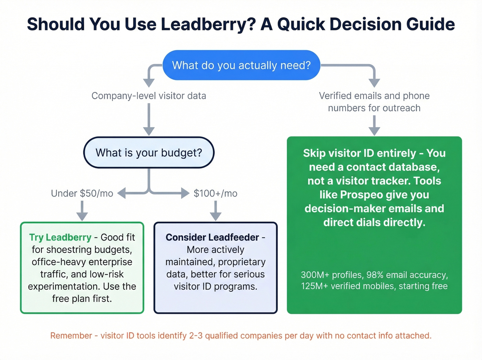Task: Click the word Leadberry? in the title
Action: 208,24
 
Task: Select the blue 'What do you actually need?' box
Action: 241,65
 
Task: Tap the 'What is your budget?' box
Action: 149,153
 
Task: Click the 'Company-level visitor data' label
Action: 149,96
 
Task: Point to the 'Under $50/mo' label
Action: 82,193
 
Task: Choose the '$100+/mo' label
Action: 216,193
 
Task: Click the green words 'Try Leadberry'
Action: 60,237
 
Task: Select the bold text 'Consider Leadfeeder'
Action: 212,237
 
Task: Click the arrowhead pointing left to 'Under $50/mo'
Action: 122,193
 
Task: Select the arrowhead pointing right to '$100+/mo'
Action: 185,193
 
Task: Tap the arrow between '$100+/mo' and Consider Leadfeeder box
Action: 216,211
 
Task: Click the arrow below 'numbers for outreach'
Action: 374,126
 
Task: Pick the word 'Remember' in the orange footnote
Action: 71,336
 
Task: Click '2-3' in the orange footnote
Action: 196,336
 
